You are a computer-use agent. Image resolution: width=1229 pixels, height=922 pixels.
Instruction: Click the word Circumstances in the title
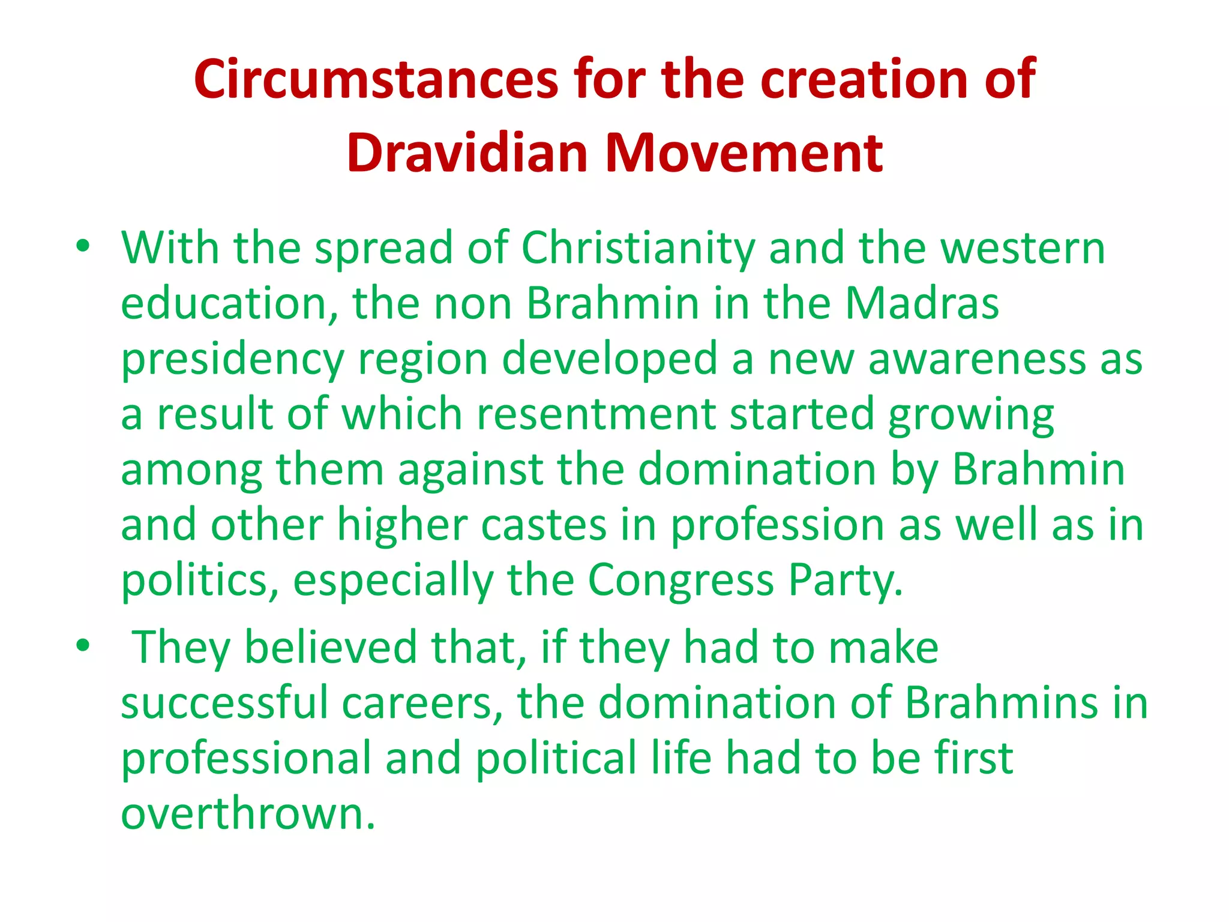376,79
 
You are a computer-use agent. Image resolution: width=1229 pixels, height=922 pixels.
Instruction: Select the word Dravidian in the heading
467,153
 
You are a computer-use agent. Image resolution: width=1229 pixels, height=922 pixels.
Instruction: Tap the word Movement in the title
744,153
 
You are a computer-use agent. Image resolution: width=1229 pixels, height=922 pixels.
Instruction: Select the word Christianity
638,248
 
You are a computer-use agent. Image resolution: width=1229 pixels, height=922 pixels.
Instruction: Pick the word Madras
922,303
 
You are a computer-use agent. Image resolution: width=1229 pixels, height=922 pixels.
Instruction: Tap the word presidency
232,360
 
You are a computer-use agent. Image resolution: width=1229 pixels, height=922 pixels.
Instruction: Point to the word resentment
596,414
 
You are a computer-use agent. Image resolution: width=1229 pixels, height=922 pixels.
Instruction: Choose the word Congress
681,580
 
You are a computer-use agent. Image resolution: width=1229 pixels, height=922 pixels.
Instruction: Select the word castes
544,525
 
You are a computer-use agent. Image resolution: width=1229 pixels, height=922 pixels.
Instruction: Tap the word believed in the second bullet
331,648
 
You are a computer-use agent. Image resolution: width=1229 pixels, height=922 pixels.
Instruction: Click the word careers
417,703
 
